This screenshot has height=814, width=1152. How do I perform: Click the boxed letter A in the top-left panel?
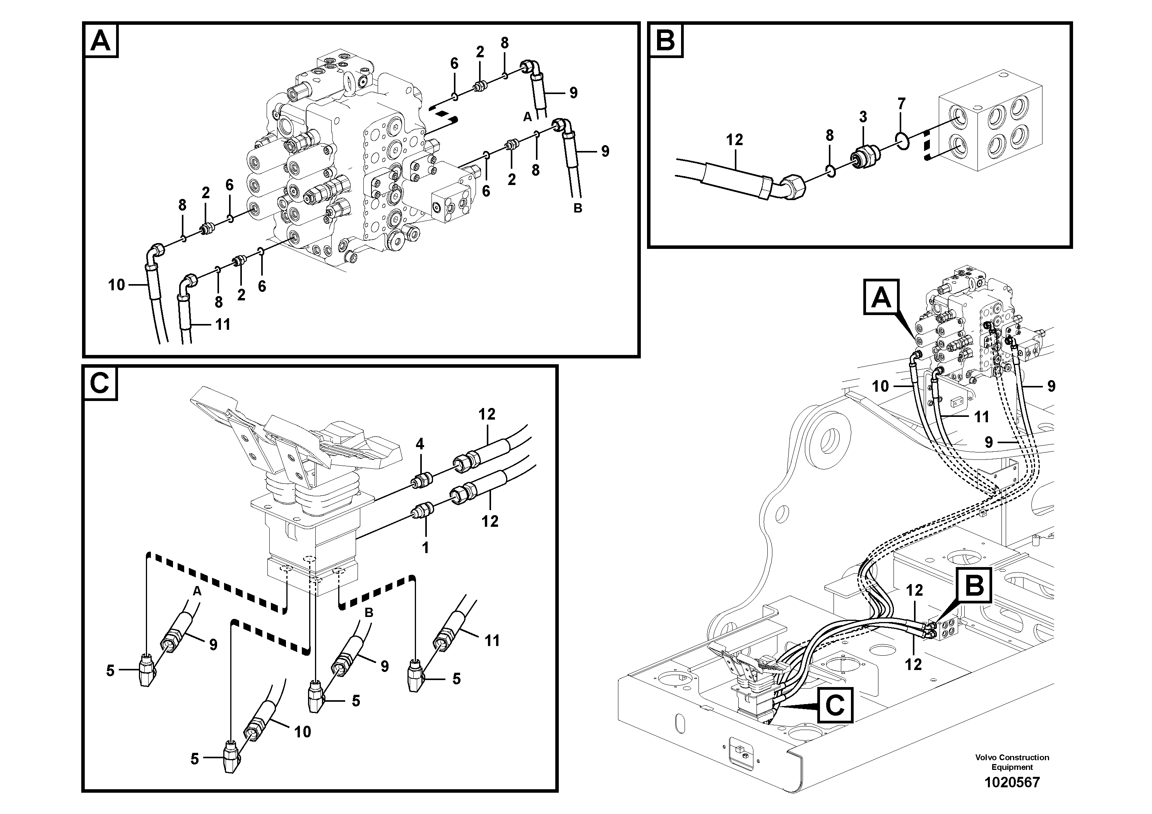click(101, 41)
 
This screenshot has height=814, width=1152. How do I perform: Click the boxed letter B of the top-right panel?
click(666, 39)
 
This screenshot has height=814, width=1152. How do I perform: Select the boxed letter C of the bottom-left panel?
click(100, 384)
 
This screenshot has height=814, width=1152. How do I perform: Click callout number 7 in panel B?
click(902, 104)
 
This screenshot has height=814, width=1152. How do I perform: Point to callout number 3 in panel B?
click(863, 117)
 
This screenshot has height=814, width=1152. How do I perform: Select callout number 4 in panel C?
click(420, 444)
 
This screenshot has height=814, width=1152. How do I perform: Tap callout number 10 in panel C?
click(303, 732)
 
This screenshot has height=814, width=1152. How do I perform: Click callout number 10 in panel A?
click(116, 285)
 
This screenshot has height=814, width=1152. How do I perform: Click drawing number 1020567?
click(1012, 782)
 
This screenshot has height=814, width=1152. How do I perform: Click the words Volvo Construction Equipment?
click(1012, 762)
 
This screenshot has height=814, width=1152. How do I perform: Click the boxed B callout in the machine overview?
click(974, 585)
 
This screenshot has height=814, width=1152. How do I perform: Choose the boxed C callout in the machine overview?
click(835, 705)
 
